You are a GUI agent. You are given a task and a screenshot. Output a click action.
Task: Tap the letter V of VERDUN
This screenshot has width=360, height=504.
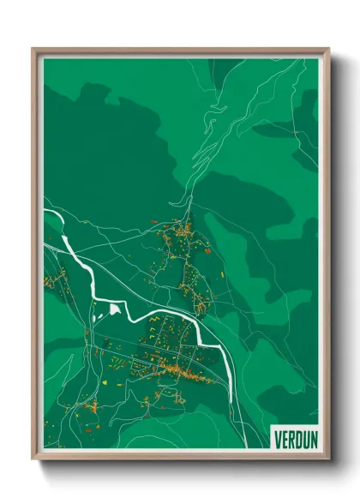[x=276, y=436]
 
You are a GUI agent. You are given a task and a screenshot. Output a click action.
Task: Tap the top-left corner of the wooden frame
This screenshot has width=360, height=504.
[x=33, y=49]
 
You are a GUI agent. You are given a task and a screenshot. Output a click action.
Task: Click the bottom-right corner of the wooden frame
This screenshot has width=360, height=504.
[x=328, y=459]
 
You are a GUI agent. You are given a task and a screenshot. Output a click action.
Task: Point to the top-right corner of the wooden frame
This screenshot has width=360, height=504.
[x=328, y=49]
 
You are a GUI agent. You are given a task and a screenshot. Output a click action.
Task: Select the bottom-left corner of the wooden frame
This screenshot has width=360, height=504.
[x=33, y=459]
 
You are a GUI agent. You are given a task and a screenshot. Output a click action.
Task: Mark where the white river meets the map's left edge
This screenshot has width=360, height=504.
[x=45, y=208]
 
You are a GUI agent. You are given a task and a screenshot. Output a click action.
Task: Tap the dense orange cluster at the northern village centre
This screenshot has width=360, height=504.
[x=183, y=230]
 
